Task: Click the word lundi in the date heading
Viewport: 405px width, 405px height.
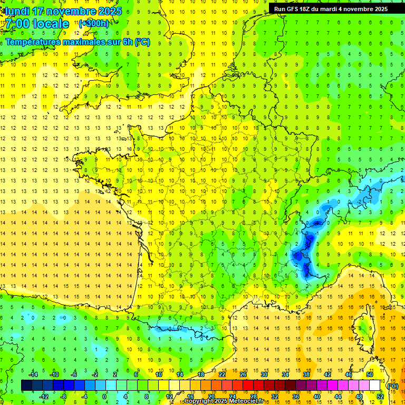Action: click(x=17, y=11)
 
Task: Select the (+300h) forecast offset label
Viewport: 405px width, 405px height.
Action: click(x=94, y=24)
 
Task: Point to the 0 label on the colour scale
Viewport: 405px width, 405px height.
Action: click(x=104, y=396)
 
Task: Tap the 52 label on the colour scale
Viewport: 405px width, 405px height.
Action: click(x=380, y=396)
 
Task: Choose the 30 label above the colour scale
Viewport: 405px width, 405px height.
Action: click(x=264, y=374)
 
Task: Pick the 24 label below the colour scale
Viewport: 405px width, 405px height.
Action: click(x=232, y=396)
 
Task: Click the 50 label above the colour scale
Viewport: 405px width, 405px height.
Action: click(x=369, y=374)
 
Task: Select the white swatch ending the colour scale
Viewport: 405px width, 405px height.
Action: click(x=375, y=385)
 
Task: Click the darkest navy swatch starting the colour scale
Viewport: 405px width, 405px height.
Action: click(x=27, y=385)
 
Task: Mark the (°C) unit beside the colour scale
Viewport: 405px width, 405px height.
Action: click(x=393, y=385)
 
